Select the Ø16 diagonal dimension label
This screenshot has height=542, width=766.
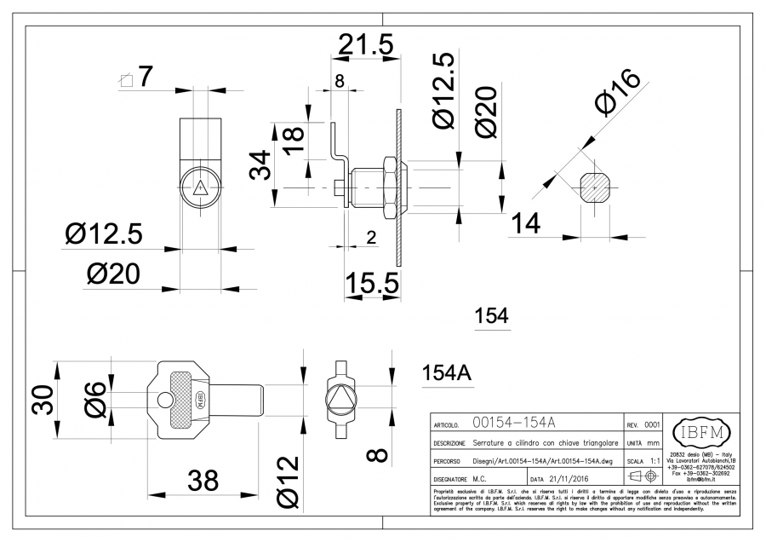[619, 93]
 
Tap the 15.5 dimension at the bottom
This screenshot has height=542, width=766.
[371, 282]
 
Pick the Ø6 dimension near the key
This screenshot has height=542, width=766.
[94, 397]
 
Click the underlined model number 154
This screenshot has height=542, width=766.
[491, 316]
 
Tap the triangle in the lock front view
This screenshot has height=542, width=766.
[201, 189]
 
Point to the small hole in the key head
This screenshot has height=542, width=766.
[163, 401]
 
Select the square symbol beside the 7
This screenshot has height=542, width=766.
[127, 80]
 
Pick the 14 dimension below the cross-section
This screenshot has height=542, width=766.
[527, 223]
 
